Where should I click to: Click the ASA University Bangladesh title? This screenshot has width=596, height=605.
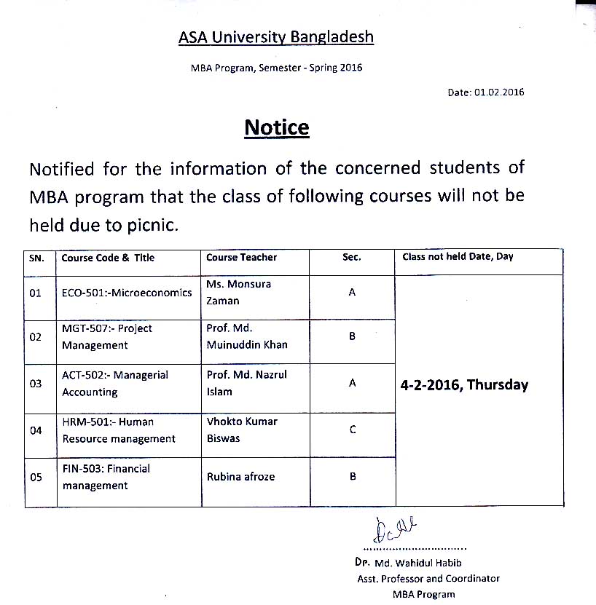click(275, 36)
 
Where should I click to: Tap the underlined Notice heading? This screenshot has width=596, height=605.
click(277, 128)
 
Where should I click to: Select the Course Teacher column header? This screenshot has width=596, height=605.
click(241, 257)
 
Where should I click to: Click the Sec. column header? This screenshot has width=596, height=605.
click(352, 257)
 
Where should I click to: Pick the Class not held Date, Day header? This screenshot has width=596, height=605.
click(458, 257)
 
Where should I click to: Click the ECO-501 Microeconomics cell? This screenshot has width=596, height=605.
click(127, 293)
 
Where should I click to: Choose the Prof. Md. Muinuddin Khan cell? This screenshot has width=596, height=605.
click(246, 336)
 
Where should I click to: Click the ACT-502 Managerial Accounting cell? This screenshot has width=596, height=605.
click(114, 384)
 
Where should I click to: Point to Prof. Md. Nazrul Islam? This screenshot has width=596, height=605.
click(246, 383)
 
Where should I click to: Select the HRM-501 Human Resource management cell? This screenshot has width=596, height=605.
click(118, 430)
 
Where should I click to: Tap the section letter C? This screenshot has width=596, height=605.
click(352, 430)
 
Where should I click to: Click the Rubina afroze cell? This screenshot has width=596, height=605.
click(240, 477)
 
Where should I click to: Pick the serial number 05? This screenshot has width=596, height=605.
click(36, 477)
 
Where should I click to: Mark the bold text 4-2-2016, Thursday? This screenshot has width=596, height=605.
click(464, 385)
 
